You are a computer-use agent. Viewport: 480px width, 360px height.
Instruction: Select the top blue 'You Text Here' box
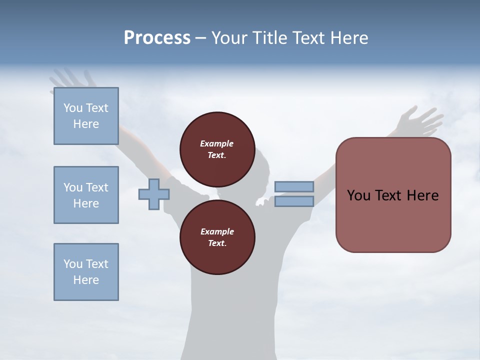(x=86, y=116)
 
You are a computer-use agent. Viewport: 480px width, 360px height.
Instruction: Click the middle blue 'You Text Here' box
(x=86, y=195)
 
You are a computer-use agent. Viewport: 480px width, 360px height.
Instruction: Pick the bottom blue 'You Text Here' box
(x=86, y=271)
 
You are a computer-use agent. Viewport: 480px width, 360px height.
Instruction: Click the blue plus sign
(x=153, y=194)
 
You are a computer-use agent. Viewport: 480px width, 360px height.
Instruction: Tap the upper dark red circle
(x=217, y=149)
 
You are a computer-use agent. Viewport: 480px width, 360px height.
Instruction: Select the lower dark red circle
(x=217, y=237)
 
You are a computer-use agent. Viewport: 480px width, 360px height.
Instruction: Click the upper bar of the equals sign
(x=294, y=186)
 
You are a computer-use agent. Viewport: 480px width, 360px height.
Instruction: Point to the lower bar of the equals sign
(x=294, y=201)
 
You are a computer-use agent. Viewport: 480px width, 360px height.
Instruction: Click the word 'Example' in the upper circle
(x=217, y=143)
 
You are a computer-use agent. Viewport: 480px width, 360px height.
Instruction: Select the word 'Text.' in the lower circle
(x=217, y=243)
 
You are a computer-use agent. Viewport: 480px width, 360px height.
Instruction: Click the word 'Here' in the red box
(x=422, y=195)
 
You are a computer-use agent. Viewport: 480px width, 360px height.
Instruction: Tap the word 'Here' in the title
(x=350, y=38)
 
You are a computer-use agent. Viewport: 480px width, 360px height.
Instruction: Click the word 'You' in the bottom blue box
(x=73, y=264)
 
